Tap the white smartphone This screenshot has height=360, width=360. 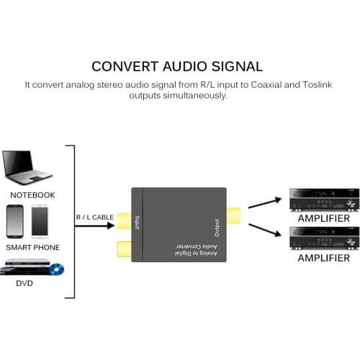pyautogui.click(x=39, y=222)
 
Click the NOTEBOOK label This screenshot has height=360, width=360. pyautogui.click(x=32, y=195)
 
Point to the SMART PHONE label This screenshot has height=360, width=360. pyautogui.click(x=32, y=247)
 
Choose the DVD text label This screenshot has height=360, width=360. pyautogui.click(x=24, y=283)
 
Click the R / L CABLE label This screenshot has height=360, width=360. pyautogui.click(x=94, y=216)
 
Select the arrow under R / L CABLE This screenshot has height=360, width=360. pyautogui.click(x=94, y=226)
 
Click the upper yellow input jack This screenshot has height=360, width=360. pyautogui.click(x=123, y=221)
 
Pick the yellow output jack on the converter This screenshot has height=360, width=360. pyautogui.click(x=233, y=215)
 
